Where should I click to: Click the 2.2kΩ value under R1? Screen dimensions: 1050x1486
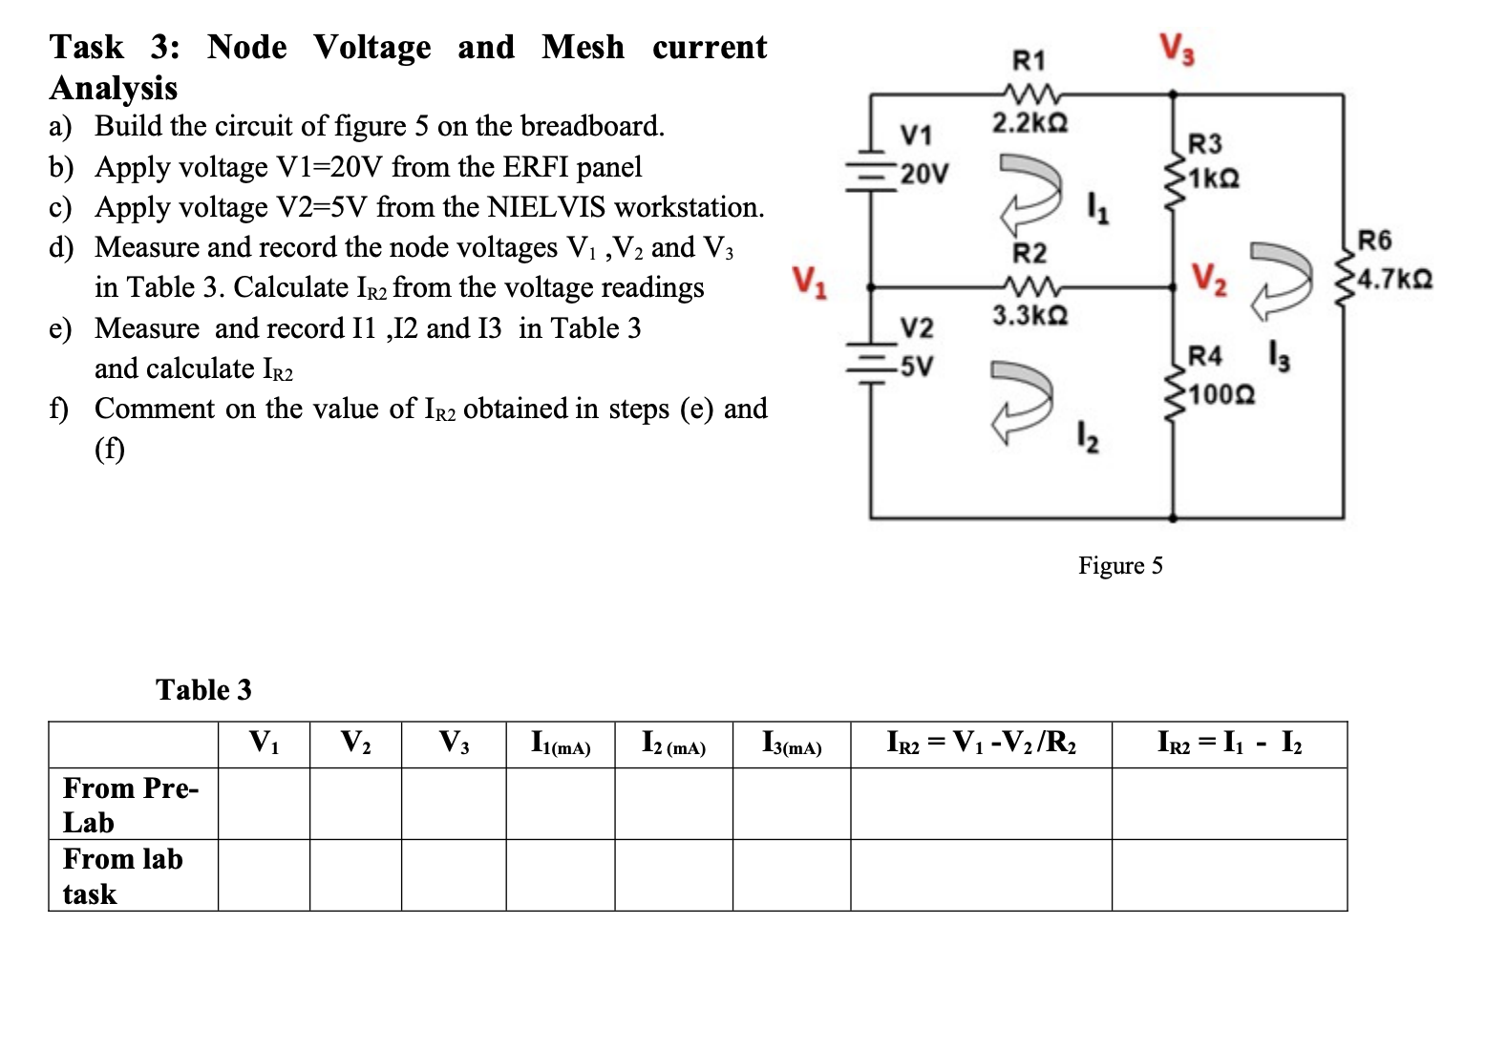1029,123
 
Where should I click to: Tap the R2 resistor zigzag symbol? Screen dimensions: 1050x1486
1029,284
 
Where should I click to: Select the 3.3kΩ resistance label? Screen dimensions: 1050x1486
1029,314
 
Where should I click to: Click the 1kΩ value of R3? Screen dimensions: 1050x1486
1214,178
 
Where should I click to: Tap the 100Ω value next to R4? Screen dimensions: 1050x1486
1222,393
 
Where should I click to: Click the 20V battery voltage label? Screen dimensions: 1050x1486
924,174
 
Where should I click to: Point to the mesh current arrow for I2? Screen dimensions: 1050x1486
1022,399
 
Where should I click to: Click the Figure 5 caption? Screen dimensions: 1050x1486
1120,565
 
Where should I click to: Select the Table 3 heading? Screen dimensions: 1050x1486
203,689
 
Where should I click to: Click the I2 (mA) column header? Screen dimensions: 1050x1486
673,744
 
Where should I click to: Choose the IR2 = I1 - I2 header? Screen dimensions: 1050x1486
1228,743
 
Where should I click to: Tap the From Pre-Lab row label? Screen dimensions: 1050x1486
131,805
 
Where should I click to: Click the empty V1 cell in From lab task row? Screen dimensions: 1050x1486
264,875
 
